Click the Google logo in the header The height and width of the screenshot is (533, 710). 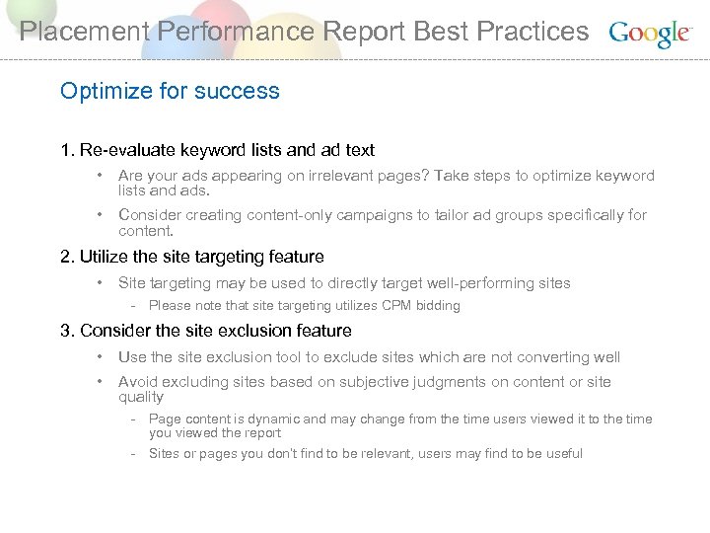(x=650, y=33)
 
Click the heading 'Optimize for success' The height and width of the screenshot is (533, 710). (x=170, y=91)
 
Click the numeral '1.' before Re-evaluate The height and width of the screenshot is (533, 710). (x=67, y=150)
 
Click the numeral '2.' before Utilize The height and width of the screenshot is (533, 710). (x=67, y=257)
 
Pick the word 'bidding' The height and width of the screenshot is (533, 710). (x=437, y=306)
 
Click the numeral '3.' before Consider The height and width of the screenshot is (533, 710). (x=67, y=331)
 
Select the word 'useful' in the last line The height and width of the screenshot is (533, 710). (x=562, y=454)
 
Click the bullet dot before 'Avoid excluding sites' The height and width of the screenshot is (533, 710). (x=101, y=381)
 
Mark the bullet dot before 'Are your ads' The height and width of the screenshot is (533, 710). (x=101, y=176)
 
